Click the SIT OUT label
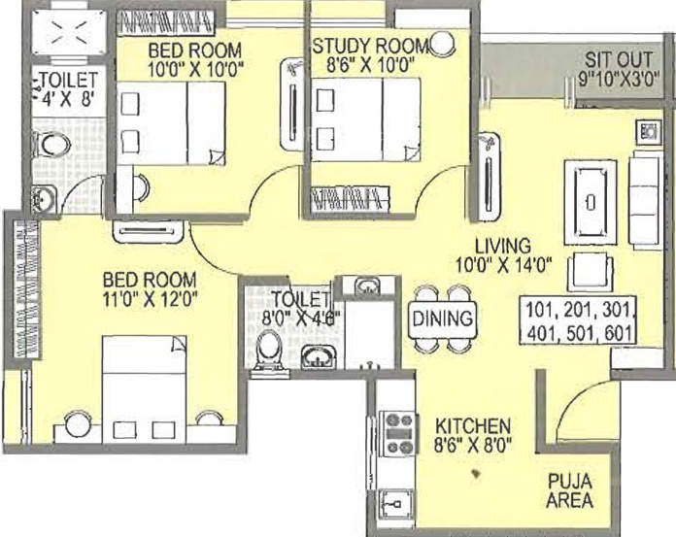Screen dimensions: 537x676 click(619, 58)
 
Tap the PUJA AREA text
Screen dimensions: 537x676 click(570, 490)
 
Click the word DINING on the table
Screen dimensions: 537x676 click(442, 319)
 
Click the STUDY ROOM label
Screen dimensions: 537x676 click(369, 46)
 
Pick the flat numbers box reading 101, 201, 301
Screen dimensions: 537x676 click(577, 313)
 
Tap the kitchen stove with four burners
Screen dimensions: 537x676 click(400, 433)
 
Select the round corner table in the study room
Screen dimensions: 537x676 click(443, 42)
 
